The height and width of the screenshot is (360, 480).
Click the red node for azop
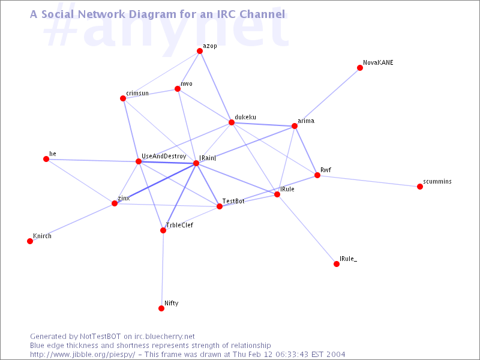(200, 51)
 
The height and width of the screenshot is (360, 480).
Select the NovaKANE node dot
(360, 68)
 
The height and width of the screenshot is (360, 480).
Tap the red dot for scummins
(420, 187)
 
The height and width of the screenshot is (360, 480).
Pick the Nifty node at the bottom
(161, 308)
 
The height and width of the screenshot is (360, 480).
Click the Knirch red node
(30, 241)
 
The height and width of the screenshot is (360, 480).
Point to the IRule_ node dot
(337, 264)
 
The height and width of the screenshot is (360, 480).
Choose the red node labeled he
(46, 159)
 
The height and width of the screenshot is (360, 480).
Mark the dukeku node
(232, 122)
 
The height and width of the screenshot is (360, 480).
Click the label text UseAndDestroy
(164, 157)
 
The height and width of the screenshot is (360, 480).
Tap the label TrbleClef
(179, 225)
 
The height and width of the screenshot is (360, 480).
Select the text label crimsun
(137, 93)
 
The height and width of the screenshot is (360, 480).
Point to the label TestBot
(233, 201)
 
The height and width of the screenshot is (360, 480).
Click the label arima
(306, 121)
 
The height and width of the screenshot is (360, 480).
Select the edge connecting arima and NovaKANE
(327, 97)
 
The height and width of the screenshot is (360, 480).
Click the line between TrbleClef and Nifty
(162, 269)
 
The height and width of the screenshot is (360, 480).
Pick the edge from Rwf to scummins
(368, 181)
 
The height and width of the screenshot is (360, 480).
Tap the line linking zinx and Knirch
(72, 222)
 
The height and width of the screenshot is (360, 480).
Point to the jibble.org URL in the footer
(82, 355)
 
